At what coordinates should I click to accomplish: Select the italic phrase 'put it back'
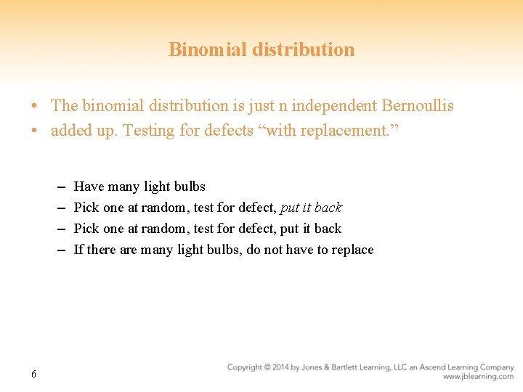(x=311, y=208)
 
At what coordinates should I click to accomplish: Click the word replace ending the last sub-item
(x=352, y=250)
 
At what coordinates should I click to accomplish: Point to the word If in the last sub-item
(x=78, y=250)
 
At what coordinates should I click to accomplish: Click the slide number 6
(x=33, y=375)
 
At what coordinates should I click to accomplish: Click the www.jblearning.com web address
(x=478, y=377)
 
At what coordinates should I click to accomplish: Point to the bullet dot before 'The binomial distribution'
(x=35, y=107)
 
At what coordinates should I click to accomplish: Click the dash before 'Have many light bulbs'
(x=58, y=187)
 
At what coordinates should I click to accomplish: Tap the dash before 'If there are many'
(x=58, y=250)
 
